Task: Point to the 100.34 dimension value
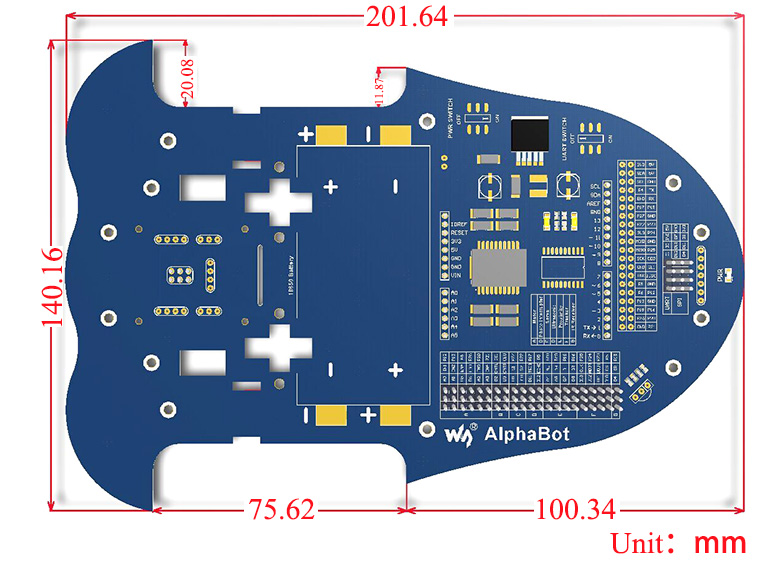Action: [x=574, y=510]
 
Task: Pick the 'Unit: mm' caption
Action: [x=679, y=543]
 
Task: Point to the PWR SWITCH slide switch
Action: [x=482, y=115]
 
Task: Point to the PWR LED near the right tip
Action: [x=728, y=273]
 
